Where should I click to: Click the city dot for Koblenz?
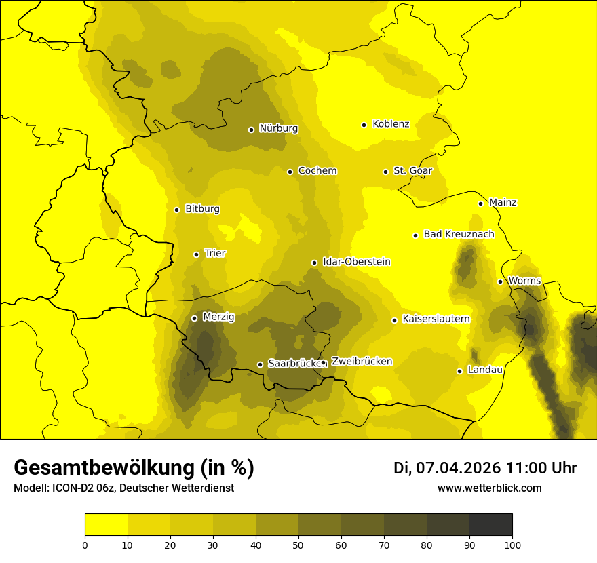tap(364, 125)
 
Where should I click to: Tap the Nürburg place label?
tap(278, 128)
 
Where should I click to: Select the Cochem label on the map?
tap(317, 170)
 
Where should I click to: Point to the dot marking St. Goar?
tap(385, 172)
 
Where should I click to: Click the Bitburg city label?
tap(202, 209)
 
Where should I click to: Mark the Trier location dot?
tap(196, 254)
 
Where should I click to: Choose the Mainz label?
tap(503, 202)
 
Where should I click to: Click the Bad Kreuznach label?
tap(459, 234)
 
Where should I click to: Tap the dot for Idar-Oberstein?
tap(314, 263)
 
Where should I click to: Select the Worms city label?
tap(524, 281)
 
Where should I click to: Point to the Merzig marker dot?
tap(194, 318)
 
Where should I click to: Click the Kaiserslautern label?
tap(436, 319)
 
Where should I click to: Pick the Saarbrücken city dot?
tap(260, 364)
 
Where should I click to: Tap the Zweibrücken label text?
tap(362, 362)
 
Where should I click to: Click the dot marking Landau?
tap(459, 371)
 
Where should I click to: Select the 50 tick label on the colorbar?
tap(298, 545)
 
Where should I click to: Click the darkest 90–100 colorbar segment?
tap(490, 525)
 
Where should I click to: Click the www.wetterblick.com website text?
tap(489, 488)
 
